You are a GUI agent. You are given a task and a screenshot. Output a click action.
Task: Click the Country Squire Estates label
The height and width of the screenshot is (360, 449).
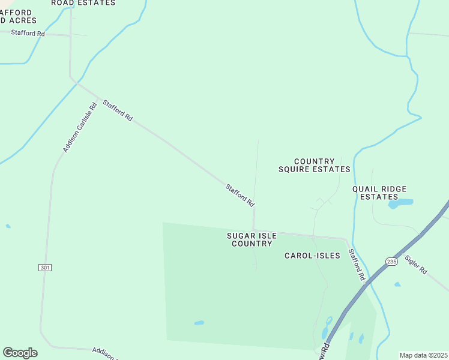pos(314,165)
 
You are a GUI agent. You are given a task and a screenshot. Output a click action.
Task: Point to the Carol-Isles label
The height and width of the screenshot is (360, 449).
pos(312,256)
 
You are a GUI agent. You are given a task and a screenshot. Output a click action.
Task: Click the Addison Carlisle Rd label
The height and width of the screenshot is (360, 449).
pos(80,128)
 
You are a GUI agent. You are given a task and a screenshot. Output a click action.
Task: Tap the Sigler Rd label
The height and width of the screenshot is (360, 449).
pos(415,265)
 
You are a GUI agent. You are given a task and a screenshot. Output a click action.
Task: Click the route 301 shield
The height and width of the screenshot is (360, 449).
pos(44,266)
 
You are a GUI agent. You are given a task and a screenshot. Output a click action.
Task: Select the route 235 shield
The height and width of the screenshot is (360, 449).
pos(391,262)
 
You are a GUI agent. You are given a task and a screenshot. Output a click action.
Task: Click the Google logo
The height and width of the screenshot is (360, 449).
pos(20,353)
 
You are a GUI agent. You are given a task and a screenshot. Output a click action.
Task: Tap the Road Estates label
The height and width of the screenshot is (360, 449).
pos(83,3)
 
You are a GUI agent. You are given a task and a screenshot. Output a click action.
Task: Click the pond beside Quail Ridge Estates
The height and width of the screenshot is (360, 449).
pos(400,203)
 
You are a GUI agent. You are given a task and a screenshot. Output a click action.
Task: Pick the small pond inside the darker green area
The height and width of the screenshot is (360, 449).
pos(199,323)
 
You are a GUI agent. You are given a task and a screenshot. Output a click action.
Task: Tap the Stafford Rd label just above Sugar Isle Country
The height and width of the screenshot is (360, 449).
pos(240,196)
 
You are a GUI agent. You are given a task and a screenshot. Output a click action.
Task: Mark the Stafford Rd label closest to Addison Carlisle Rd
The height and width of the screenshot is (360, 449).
pos(118,111)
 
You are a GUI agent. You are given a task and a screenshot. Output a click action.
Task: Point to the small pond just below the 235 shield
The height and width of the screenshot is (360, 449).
pos(397,284)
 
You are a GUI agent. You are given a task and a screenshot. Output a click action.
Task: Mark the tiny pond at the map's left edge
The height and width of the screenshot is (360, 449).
pos(8,226)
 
